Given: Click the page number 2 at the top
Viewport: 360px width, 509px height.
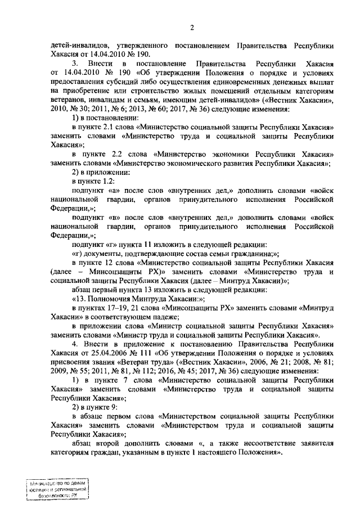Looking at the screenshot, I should pos(192,28).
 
